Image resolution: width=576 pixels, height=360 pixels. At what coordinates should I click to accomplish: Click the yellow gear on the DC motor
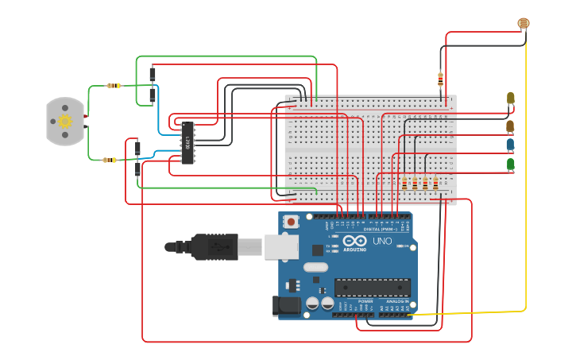65,121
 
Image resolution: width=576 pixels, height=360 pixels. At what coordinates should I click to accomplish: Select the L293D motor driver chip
187,143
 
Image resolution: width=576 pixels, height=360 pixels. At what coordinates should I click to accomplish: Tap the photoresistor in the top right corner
523,24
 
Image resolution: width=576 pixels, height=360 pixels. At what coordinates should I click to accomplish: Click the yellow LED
510,99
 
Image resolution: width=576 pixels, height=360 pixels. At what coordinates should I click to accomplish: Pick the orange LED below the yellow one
510,126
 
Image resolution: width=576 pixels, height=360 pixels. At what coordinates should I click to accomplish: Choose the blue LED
510,145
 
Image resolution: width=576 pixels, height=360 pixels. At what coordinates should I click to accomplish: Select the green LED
510,165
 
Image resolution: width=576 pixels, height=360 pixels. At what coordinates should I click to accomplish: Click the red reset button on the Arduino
292,222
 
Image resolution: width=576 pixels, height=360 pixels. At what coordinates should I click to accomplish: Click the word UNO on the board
381,241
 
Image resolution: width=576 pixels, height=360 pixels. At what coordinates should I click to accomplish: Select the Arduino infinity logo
355,241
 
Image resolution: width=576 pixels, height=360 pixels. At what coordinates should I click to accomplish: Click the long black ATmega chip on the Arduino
372,287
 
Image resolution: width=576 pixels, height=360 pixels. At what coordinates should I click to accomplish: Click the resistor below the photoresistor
440,78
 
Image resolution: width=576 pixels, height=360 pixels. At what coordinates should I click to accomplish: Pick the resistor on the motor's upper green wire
114,86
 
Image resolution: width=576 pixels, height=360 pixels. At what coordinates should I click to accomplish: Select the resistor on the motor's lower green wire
109,160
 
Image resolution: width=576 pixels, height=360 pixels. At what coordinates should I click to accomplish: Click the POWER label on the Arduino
365,301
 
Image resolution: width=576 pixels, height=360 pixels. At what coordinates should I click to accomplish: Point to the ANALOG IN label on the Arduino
397,301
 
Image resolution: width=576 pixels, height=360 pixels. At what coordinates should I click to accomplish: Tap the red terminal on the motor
86,116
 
